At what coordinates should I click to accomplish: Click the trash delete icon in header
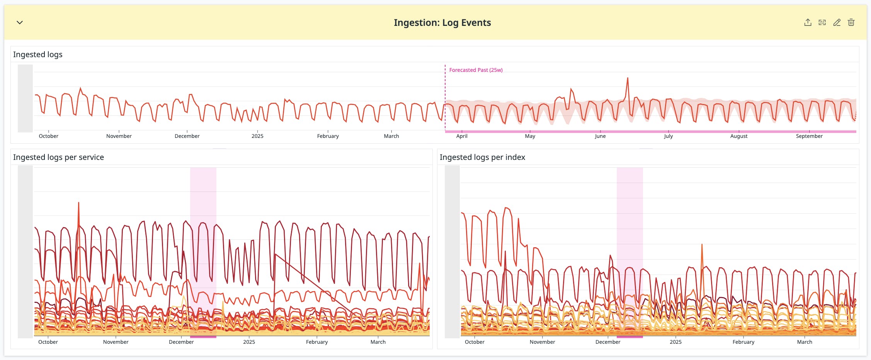point(851,22)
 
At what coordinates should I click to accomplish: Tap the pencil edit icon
point(837,22)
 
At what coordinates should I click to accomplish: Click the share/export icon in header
point(808,22)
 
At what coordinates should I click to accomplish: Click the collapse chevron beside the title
point(20,22)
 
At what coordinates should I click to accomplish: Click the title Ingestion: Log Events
point(442,23)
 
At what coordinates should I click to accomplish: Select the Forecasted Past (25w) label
point(476,70)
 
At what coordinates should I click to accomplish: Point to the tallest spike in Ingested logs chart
point(628,78)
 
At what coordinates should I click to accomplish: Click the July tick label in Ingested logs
point(668,136)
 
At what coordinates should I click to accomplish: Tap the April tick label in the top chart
point(462,136)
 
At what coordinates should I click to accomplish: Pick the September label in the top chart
point(809,136)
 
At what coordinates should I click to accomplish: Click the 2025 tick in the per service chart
point(249,342)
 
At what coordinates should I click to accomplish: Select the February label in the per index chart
point(743,342)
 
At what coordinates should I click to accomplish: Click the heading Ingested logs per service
point(58,157)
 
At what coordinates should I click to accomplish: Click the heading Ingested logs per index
point(482,157)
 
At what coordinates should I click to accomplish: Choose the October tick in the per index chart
point(475,342)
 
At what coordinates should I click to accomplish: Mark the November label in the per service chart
point(116,342)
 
